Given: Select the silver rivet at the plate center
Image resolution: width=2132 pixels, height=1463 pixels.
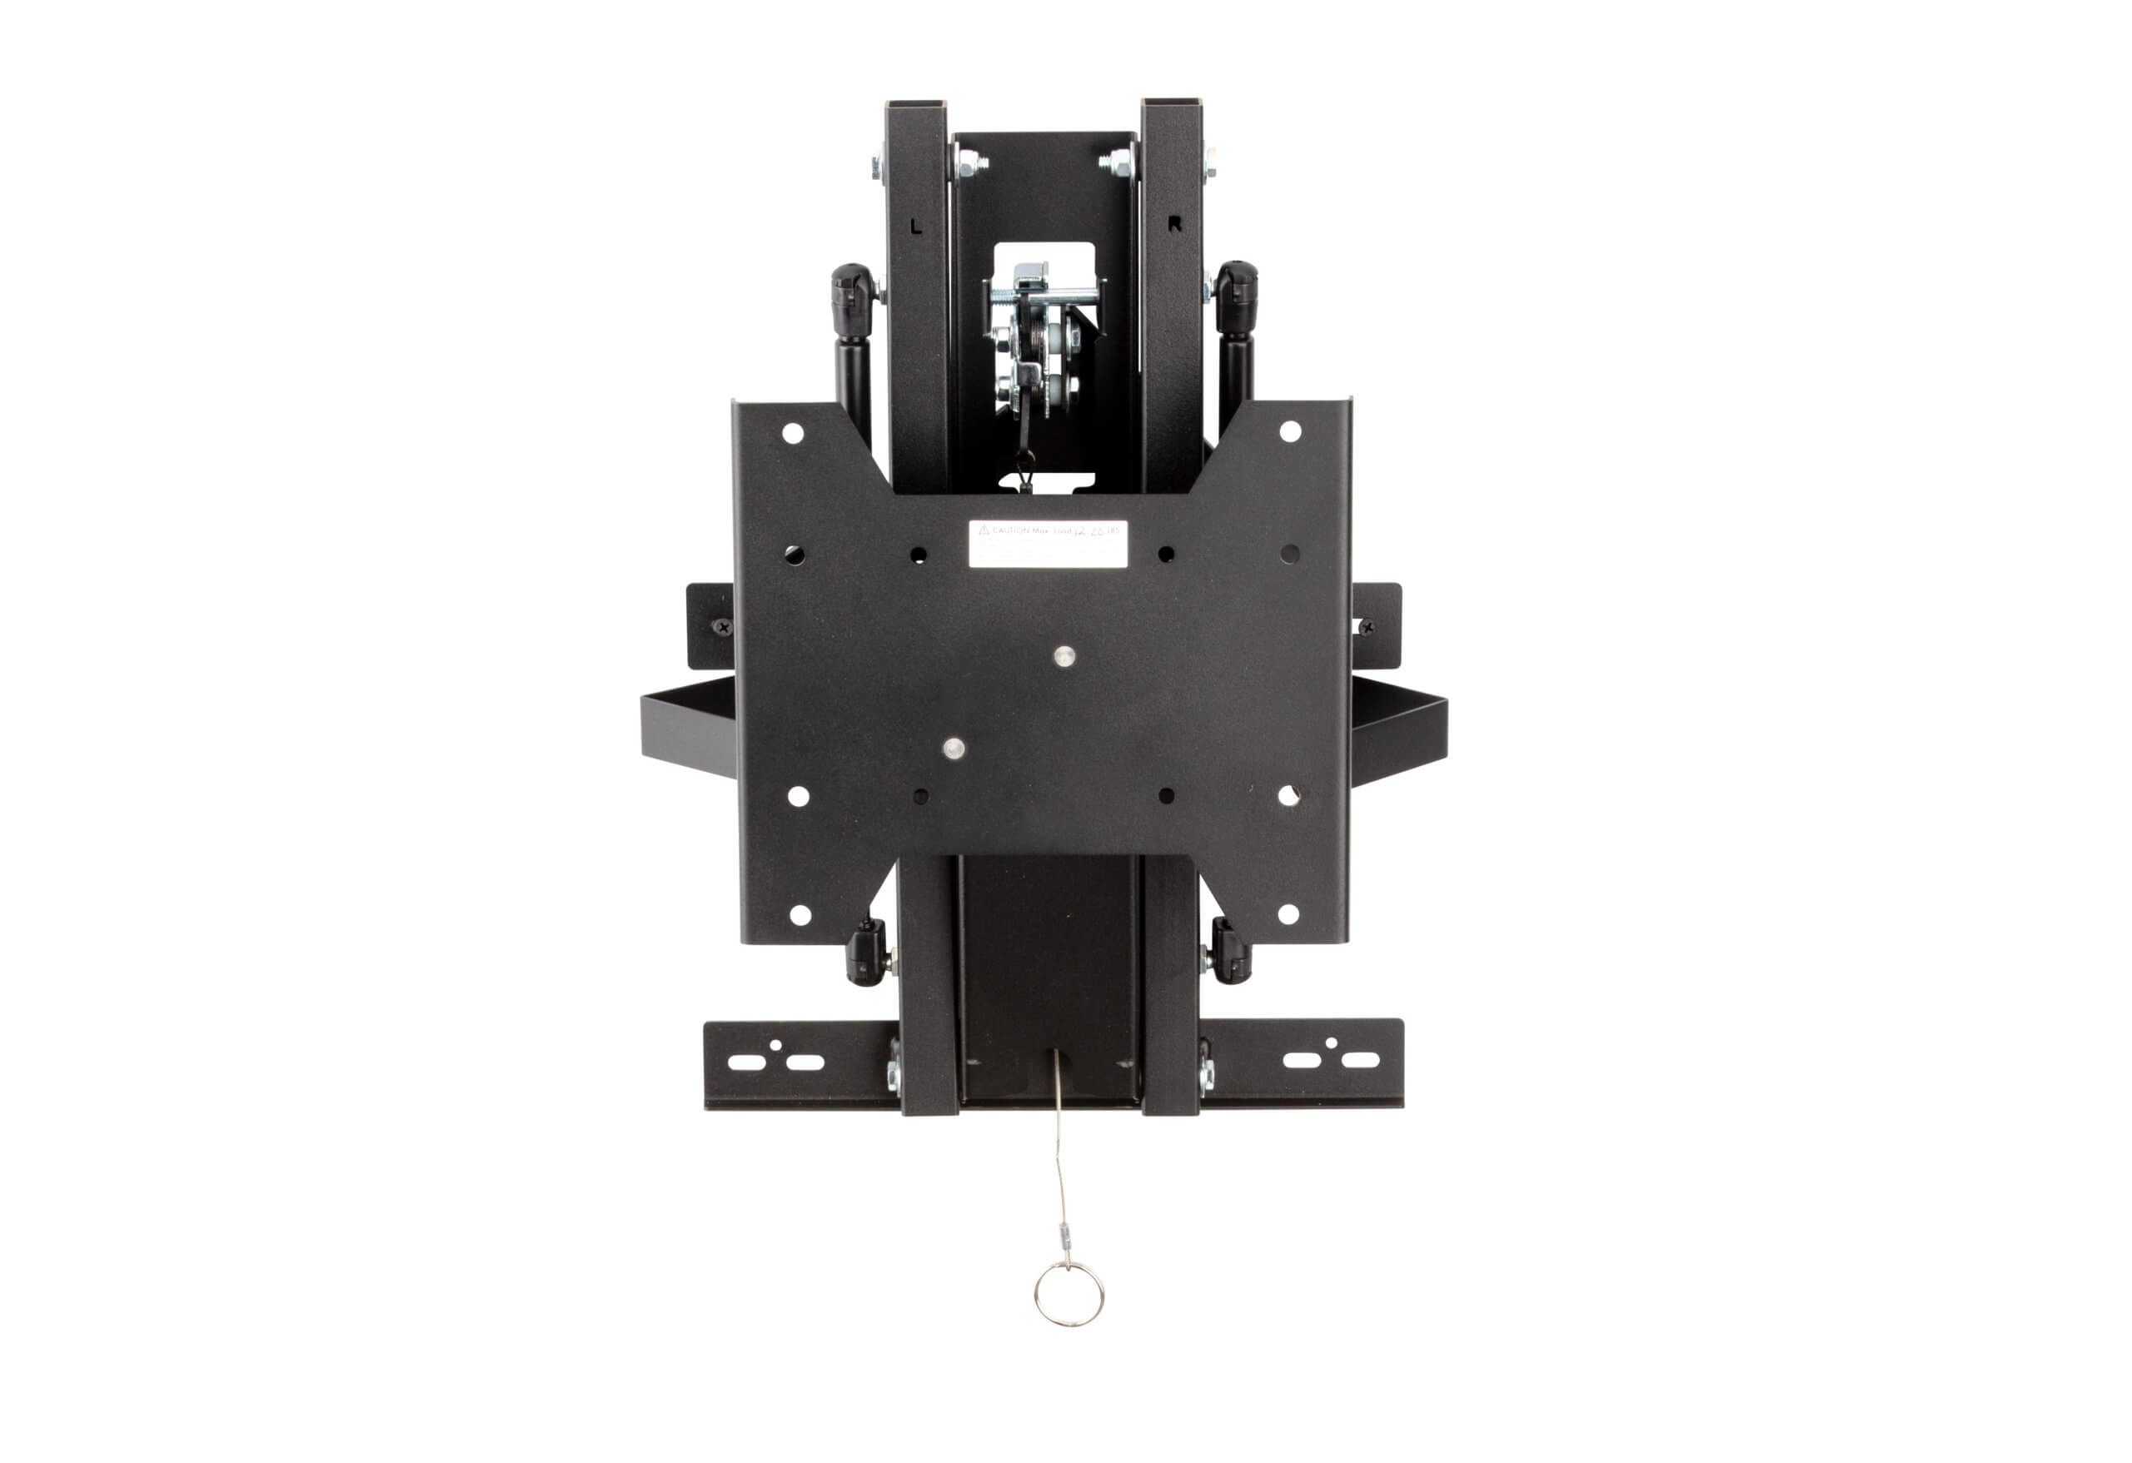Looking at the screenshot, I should pyautogui.click(x=1064, y=656).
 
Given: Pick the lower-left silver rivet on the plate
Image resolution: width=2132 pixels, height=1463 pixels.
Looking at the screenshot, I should pyautogui.click(x=954, y=748).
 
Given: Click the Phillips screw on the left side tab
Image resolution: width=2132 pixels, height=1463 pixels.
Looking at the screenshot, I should pyautogui.click(x=724, y=627).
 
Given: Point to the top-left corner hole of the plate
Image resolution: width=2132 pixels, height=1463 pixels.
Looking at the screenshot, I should pyautogui.click(x=793, y=433).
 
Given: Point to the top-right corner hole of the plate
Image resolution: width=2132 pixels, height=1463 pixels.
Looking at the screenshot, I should pyautogui.click(x=1290, y=431).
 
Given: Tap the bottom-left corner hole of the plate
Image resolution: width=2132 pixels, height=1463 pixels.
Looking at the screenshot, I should pyautogui.click(x=800, y=914).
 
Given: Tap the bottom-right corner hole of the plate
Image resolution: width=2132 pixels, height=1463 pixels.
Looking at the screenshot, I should pyautogui.click(x=1288, y=913).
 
